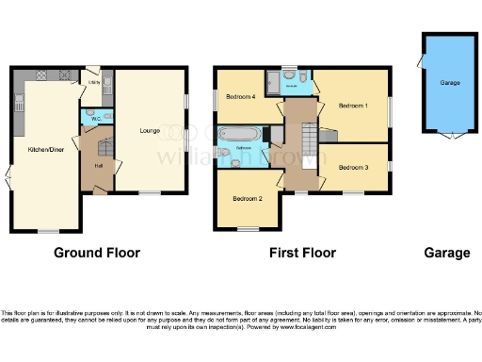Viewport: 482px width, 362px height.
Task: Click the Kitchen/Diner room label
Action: click(x=44, y=149)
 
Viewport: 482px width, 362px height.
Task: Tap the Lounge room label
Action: click(x=149, y=130)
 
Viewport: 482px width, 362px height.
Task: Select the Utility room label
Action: click(x=94, y=82)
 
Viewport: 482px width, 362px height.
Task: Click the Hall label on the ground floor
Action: click(x=98, y=167)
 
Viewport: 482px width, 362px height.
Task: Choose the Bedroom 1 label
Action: click(x=353, y=105)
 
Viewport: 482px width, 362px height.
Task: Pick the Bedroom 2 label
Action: click(x=247, y=199)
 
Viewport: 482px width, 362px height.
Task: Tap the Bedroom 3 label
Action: click(x=353, y=167)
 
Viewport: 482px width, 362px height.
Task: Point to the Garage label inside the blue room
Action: click(x=449, y=83)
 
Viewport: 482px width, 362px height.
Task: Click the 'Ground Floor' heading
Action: click(x=97, y=253)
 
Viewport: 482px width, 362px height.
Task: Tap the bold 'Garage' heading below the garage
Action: click(x=446, y=253)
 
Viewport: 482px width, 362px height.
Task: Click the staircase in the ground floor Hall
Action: click(x=105, y=147)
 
